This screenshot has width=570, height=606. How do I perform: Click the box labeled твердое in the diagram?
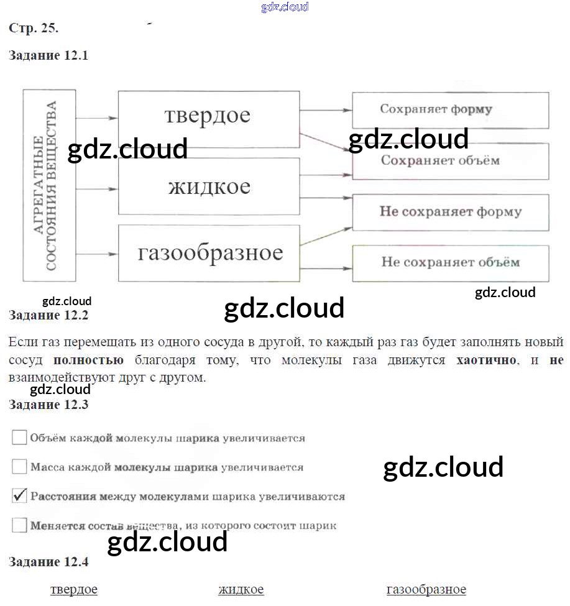pos(209,119)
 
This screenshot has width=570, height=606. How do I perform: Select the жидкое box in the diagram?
pos(209,186)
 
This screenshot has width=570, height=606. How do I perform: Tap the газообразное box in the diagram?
pos(209,253)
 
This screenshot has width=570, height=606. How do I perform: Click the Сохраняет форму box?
pos(451,110)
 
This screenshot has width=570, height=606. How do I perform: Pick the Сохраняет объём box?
pos(451,161)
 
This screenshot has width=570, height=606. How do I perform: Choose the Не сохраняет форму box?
pos(451,213)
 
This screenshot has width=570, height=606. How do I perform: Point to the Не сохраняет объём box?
pos(451,263)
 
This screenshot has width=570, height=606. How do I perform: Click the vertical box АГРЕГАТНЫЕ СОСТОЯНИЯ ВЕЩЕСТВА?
pos(49,185)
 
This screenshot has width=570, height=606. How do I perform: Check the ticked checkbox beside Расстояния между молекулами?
pos(19,496)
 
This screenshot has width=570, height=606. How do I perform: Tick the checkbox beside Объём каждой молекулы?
pos(19,438)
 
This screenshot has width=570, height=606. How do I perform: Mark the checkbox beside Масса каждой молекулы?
pos(19,467)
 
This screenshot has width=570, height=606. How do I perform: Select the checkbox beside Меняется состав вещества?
pos(19,525)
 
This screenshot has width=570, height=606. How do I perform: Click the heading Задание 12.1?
pos(48,55)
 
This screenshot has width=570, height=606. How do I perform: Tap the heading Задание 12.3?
pos(48,405)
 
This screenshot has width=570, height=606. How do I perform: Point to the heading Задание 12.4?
pos(48,561)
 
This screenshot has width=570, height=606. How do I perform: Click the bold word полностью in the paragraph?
pos(88,360)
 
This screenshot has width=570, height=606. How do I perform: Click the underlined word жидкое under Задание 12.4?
pos(241,589)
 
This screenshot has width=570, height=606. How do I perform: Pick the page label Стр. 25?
pos(34,28)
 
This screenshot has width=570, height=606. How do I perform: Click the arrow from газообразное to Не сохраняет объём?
pos(326,269)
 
